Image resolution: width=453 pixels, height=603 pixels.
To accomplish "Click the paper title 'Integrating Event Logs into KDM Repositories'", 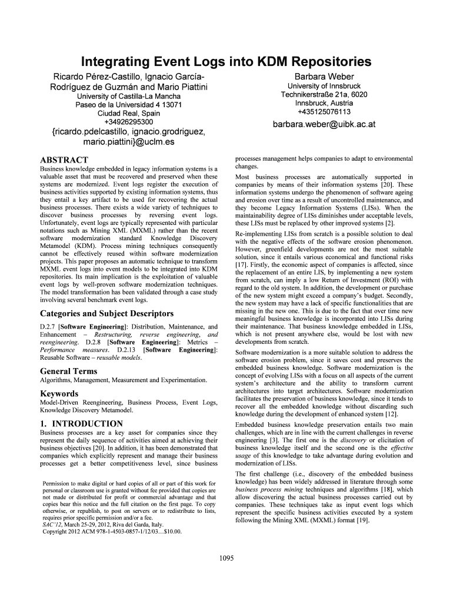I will click(226, 61).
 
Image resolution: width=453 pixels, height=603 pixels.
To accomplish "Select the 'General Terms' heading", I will click(68, 371).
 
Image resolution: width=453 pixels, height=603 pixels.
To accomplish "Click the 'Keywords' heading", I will click(59, 393).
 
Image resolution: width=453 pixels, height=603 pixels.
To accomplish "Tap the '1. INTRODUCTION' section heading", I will click(81, 423).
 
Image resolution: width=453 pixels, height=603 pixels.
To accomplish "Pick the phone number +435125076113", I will click(324, 111).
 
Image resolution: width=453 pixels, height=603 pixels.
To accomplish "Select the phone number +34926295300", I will click(127, 122).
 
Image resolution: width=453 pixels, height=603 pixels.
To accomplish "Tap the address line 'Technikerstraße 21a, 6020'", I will click(324, 95).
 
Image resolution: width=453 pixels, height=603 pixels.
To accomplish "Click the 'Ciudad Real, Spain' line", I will click(127, 114).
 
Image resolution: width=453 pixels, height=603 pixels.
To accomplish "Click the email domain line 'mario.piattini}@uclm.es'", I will click(127, 142).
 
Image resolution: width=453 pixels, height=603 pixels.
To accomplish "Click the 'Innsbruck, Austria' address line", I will click(324, 103).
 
